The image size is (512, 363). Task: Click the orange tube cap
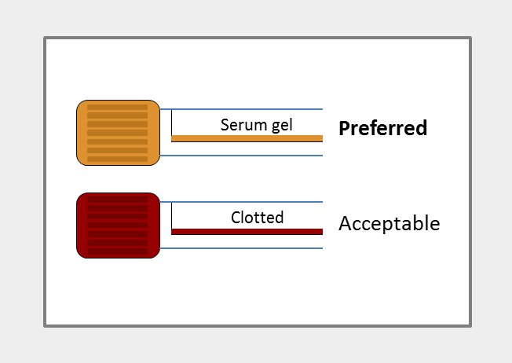coord(118,133)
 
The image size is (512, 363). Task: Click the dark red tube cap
coord(118,225)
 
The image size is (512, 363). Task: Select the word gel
coord(281,126)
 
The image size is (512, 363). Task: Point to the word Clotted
coord(258,218)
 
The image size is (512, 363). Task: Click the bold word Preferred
coord(382,129)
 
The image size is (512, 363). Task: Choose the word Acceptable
coord(389,224)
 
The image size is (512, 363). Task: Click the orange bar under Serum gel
coord(247,138)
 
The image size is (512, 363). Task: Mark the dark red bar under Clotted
coord(247,231)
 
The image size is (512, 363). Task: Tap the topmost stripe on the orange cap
coord(117,107)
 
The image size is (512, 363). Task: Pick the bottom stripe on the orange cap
coord(117,159)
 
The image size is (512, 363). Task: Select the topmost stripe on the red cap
coord(117,200)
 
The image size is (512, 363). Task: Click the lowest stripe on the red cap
coord(117,251)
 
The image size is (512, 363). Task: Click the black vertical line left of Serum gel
coord(171,124)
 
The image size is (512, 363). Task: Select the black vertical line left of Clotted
coord(171,217)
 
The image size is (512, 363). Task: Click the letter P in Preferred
coord(344,129)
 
